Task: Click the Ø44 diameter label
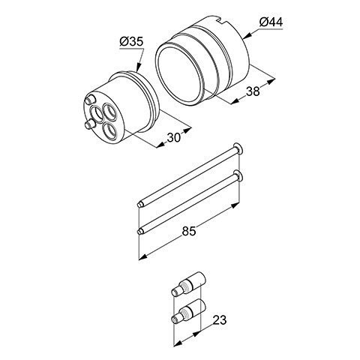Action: [x=271, y=22]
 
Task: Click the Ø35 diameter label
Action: [x=131, y=41]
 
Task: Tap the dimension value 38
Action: [x=253, y=91]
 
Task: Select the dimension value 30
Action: [x=173, y=137]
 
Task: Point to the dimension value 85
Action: [x=189, y=231]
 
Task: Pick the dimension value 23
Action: [x=220, y=319]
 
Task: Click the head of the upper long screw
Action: [x=238, y=149]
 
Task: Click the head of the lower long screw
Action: [x=238, y=175]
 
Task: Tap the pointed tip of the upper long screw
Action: [x=139, y=205]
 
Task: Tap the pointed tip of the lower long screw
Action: [x=139, y=232]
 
